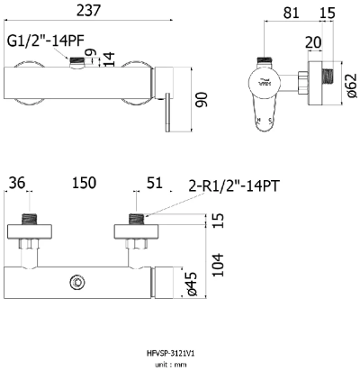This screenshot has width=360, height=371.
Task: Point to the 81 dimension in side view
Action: pos(291,12)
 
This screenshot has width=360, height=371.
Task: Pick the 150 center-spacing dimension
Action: pos(84,183)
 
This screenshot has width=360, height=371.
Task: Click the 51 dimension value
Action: pos(154,183)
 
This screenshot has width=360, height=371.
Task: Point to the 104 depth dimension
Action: pos(238,260)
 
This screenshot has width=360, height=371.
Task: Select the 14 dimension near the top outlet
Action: pos(108,59)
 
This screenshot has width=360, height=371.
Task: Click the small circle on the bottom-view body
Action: pos(79,284)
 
